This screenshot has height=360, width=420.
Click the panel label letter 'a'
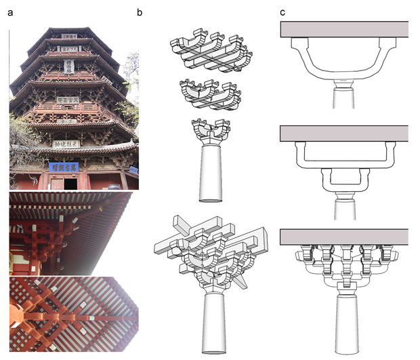[x=10, y=12]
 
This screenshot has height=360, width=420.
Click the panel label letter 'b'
[x=140, y=12]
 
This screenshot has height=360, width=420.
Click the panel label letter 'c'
[x=282, y=12]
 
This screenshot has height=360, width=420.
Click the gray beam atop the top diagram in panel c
[x=343, y=28]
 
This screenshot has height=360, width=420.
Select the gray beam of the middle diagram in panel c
[x=343, y=134]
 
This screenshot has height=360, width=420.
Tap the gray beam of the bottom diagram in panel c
[x=343, y=237]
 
